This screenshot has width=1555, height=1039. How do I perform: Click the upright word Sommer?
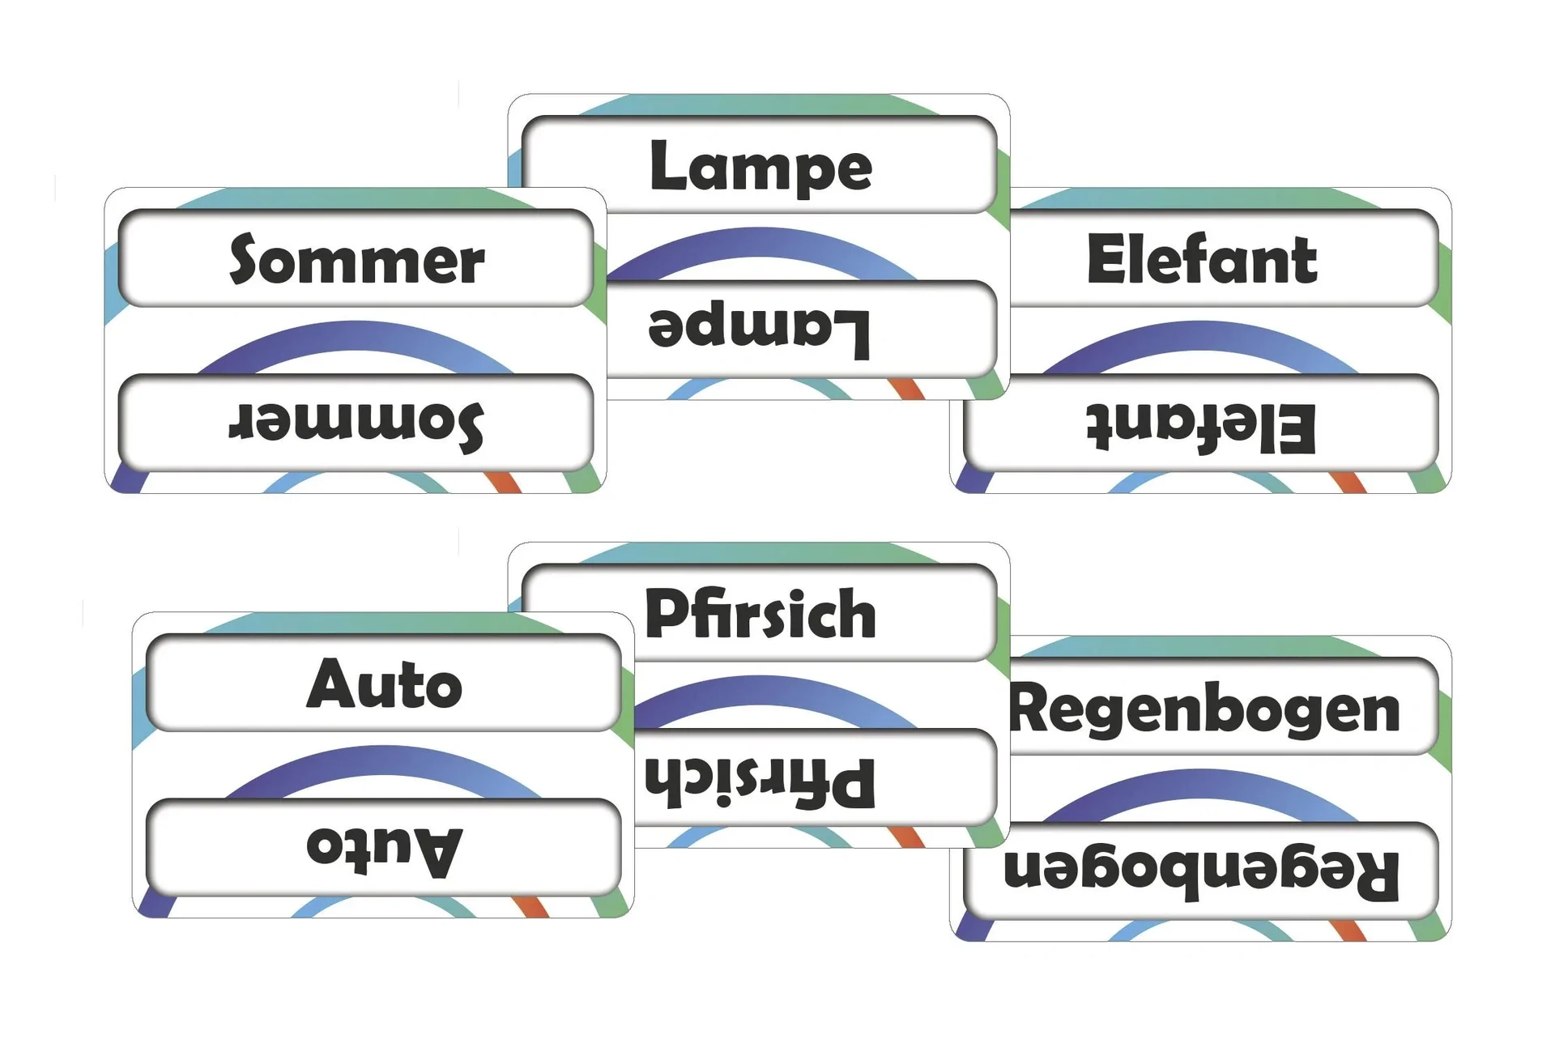pos(356,260)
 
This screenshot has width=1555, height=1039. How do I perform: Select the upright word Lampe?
pos(760,167)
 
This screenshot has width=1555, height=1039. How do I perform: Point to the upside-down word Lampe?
pos(759,330)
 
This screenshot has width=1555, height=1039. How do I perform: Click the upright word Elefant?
pos(1202,260)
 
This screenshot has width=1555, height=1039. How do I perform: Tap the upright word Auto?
pos(384,684)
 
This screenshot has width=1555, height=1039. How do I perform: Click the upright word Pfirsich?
pos(760,614)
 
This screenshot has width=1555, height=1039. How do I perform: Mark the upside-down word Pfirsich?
pos(760,781)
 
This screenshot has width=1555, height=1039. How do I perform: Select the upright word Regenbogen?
pos(1205,709)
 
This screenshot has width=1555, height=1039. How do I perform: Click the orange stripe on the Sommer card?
pos(504,482)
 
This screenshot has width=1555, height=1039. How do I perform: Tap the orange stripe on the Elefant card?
pos(1349,482)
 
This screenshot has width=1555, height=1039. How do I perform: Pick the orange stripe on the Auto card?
pos(532,906)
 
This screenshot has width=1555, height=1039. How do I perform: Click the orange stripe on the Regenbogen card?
pos(1350,930)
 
